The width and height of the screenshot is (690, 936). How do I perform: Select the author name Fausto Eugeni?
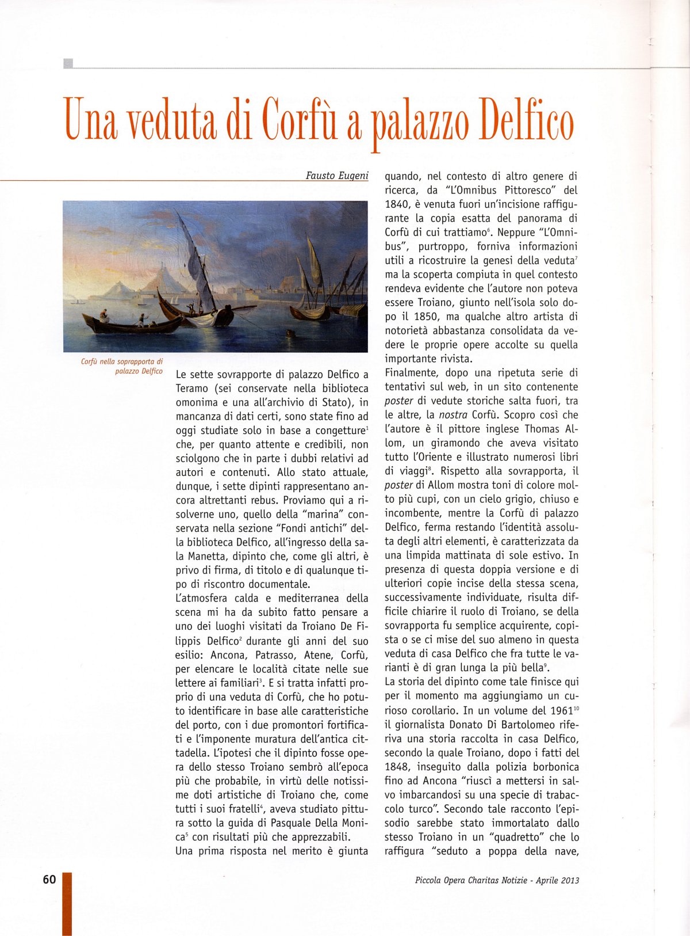coord(337,175)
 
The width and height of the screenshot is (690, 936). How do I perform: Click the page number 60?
coord(49,879)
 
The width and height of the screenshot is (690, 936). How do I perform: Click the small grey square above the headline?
coord(68,63)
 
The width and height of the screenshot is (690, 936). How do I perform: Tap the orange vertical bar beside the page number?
coord(67,904)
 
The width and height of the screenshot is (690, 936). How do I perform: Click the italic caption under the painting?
coord(122,366)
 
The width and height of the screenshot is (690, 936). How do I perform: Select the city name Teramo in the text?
coord(192,389)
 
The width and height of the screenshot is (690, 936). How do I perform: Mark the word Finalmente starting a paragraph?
coord(413,373)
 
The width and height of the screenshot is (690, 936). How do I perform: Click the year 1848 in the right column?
coord(397,767)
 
